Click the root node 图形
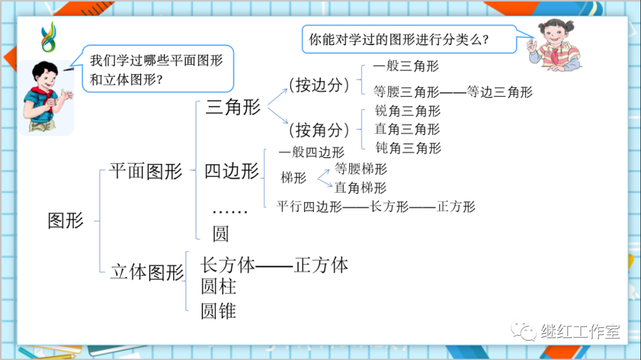click(x=66, y=221)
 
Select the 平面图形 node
click(x=146, y=171)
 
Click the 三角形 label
click(x=233, y=107)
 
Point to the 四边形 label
click(x=232, y=171)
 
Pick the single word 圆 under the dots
click(x=220, y=234)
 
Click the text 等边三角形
click(x=500, y=92)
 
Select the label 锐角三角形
click(x=408, y=111)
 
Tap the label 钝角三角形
click(x=408, y=148)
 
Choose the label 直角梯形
click(x=360, y=188)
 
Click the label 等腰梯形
click(x=360, y=169)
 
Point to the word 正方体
click(x=321, y=265)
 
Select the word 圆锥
click(x=218, y=311)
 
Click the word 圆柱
click(x=218, y=287)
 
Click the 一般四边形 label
click(x=311, y=152)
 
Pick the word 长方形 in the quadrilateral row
click(x=389, y=207)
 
